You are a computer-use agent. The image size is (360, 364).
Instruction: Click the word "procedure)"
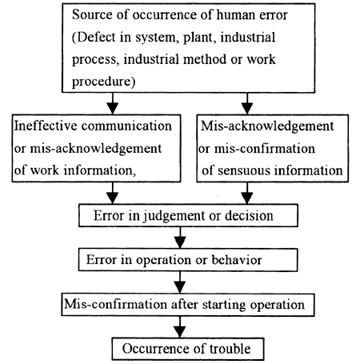point(103,82)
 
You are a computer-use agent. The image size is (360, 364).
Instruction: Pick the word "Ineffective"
point(46,126)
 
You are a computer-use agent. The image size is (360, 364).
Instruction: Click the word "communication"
point(126,126)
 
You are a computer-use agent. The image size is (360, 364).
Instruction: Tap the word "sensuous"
point(244,170)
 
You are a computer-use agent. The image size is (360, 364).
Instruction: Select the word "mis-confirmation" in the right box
point(265,148)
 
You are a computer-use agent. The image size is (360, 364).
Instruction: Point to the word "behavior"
point(237,260)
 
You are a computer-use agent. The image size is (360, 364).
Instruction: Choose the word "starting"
point(224,305)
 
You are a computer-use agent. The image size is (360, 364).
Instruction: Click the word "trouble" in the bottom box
point(230,349)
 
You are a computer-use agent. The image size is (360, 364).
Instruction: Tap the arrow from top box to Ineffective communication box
point(113,104)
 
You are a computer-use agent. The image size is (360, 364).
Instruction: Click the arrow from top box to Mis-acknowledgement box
point(247,104)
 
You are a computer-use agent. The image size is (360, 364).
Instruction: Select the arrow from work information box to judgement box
point(113,193)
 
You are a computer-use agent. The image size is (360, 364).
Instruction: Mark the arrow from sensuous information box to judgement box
point(247,193)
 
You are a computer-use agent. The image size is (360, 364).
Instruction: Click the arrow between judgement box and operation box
point(180,238)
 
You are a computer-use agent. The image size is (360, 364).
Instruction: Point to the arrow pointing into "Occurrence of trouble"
point(180,327)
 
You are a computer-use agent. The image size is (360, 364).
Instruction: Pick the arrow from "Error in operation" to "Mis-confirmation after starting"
point(180,282)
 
